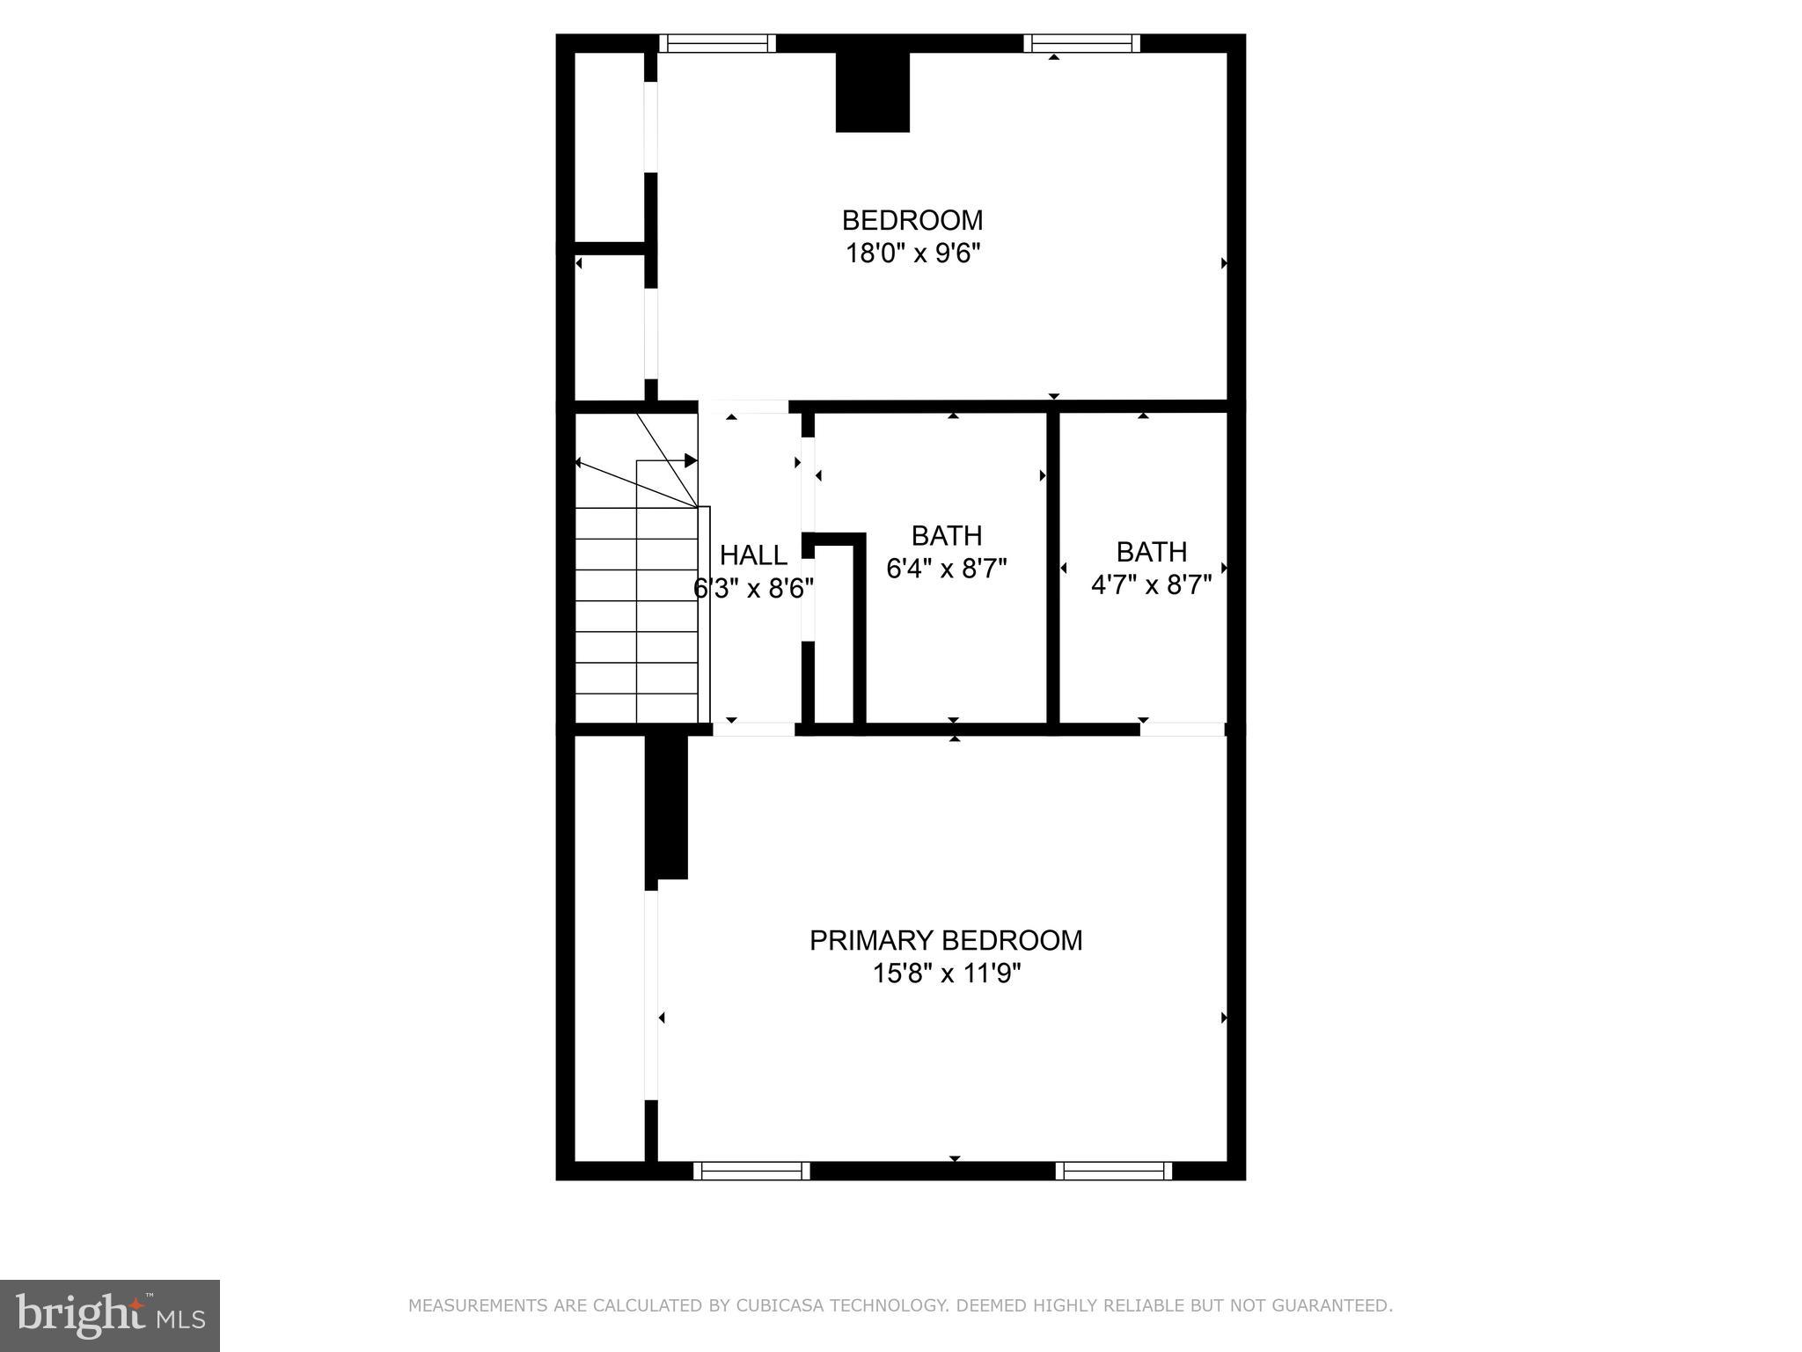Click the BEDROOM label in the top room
912,219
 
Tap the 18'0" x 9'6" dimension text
912,254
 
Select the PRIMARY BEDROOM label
946,940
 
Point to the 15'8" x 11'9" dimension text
946,974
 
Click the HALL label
753,555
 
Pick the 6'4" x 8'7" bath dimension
946,569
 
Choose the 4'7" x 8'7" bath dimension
1151,584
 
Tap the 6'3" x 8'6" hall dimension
753,588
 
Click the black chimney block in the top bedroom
872,92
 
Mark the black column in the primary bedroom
666,806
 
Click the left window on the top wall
717,43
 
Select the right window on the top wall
1081,43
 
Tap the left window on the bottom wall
751,1171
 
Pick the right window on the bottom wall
1113,1171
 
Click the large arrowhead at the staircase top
691,460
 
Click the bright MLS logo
110,1315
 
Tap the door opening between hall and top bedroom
744,407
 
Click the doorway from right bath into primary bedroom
1182,729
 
